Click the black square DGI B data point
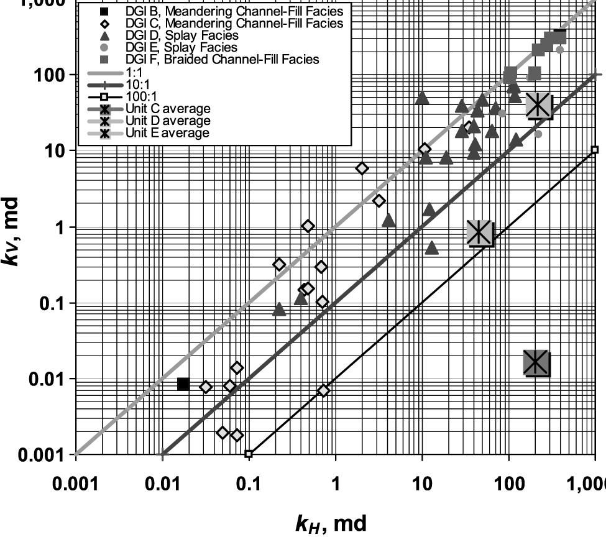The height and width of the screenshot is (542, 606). [183, 384]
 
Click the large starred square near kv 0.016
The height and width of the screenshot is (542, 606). [536, 363]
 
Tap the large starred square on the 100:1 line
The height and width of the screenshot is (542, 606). [480, 233]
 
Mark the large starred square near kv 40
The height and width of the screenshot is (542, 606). [538, 106]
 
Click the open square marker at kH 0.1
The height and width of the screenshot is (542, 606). [249, 454]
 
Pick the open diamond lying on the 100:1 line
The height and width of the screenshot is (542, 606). [323, 390]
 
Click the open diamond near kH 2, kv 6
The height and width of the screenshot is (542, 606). [362, 168]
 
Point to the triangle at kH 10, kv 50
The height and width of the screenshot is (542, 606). [422, 98]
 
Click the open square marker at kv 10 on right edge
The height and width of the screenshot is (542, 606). [595, 149]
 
